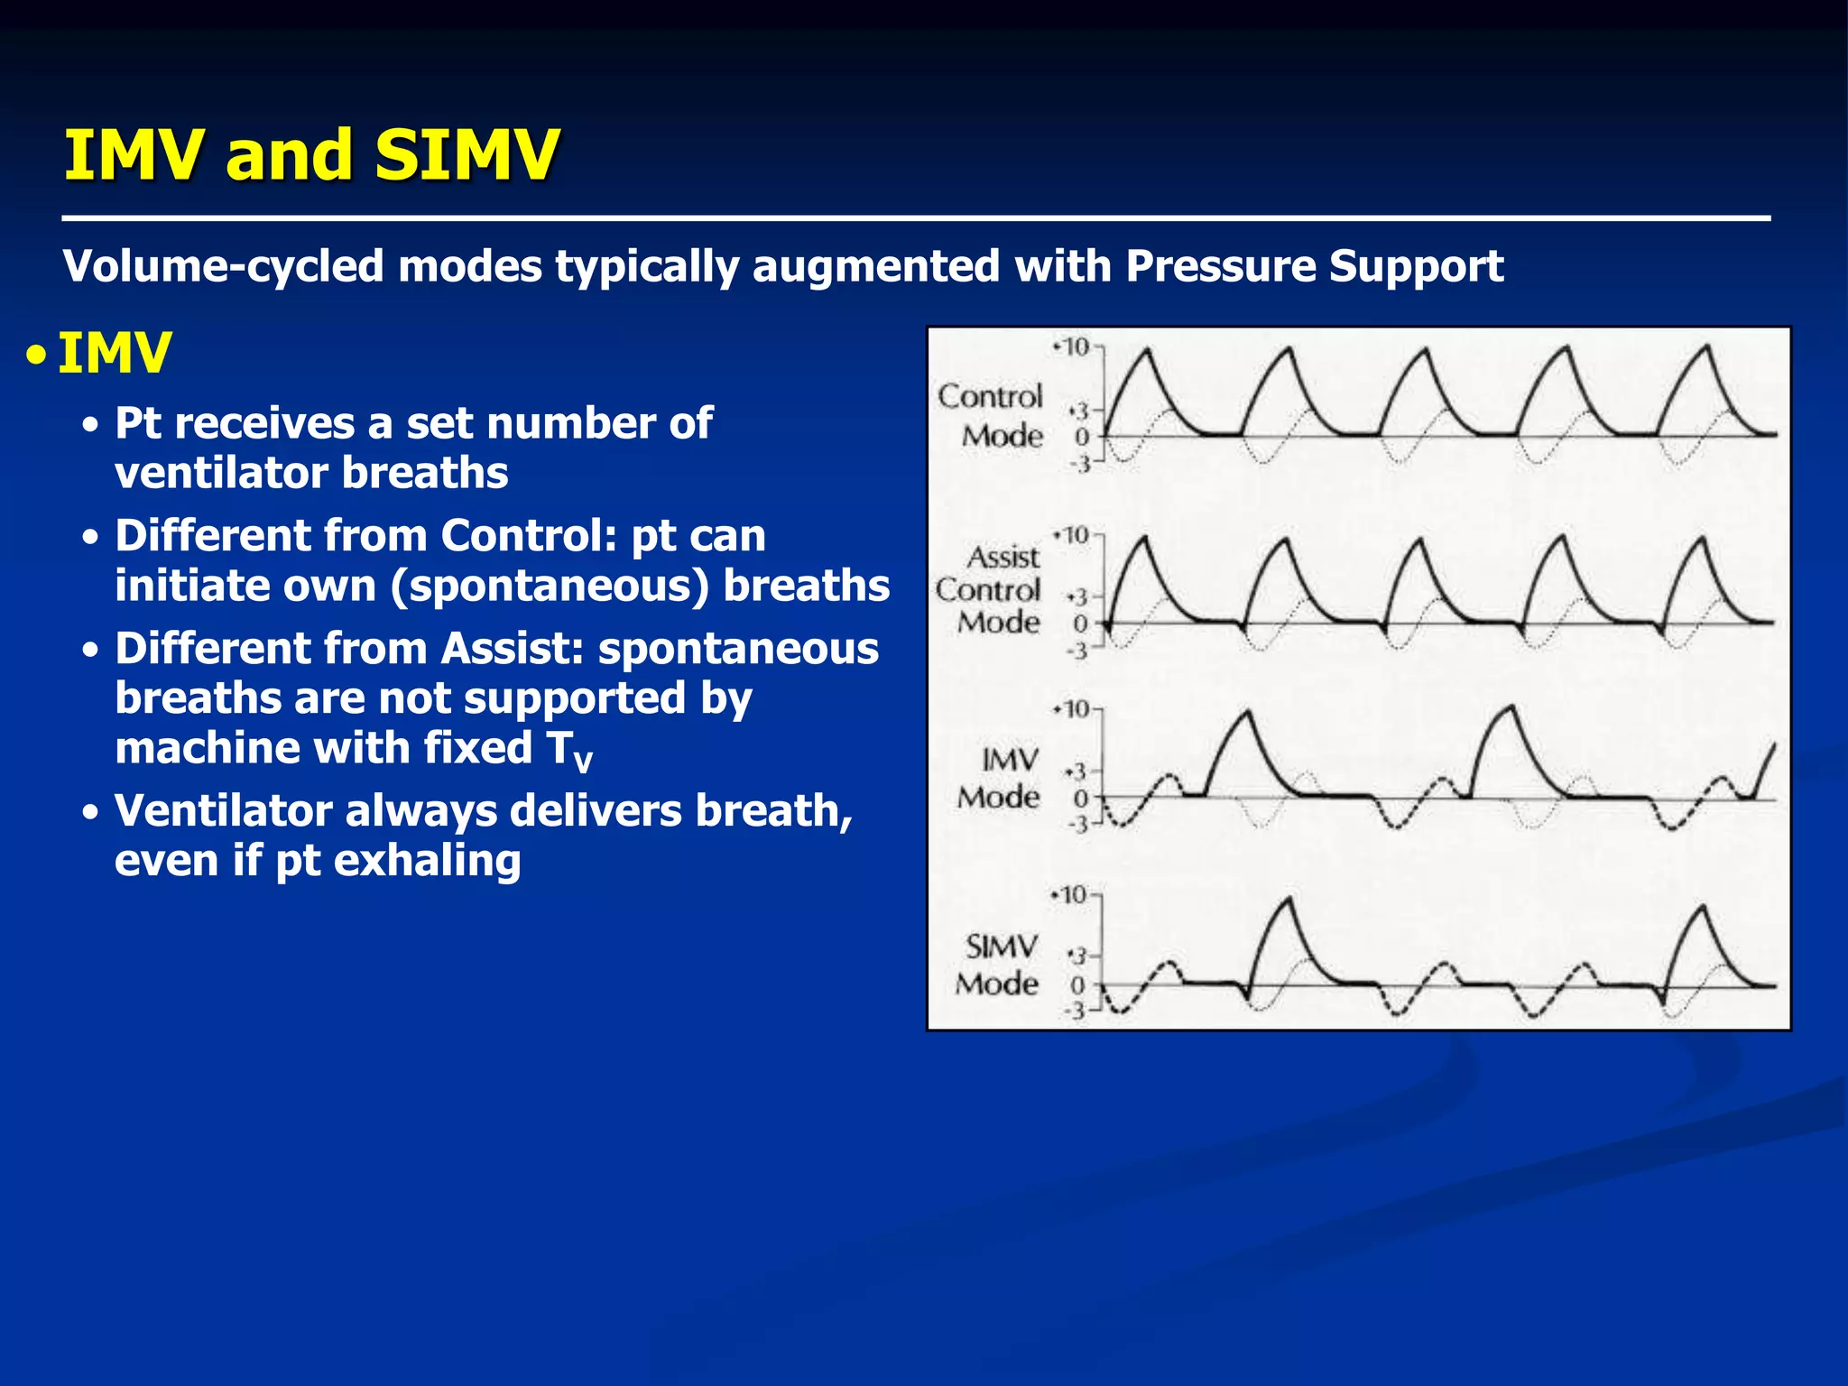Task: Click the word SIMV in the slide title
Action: [467, 154]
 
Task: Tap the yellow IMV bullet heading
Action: [114, 353]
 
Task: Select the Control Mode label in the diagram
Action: [991, 416]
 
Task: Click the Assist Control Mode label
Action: [989, 589]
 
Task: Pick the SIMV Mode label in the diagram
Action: [998, 965]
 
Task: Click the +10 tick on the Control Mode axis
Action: [1074, 346]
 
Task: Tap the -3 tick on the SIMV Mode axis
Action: [1075, 1012]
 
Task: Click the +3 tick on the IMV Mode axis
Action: [1077, 772]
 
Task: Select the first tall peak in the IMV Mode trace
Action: [1247, 713]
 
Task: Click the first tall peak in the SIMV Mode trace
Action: [1289, 899]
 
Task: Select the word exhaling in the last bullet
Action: [430, 861]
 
